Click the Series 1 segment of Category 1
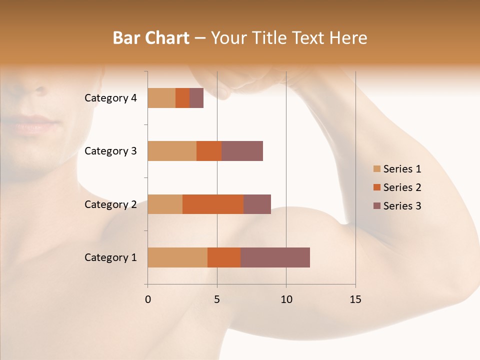coord(177,257)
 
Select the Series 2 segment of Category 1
coord(224,257)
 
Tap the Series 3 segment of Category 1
coord(275,257)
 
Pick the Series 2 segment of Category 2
coord(213,204)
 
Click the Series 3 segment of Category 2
coord(257,204)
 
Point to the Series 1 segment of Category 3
coord(172,151)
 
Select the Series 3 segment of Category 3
coord(242,151)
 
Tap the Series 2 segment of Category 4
coord(182,98)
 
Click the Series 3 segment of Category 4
coord(196,98)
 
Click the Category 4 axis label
coord(110,98)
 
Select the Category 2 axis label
coord(110,204)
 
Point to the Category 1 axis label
coord(110,257)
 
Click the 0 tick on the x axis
coord(148,299)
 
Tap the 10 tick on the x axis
coord(286,299)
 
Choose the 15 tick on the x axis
coord(355,299)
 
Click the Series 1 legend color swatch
coord(377,169)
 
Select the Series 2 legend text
coord(402,187)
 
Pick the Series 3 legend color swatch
coord(377,206)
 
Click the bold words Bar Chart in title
coord(151,38)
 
